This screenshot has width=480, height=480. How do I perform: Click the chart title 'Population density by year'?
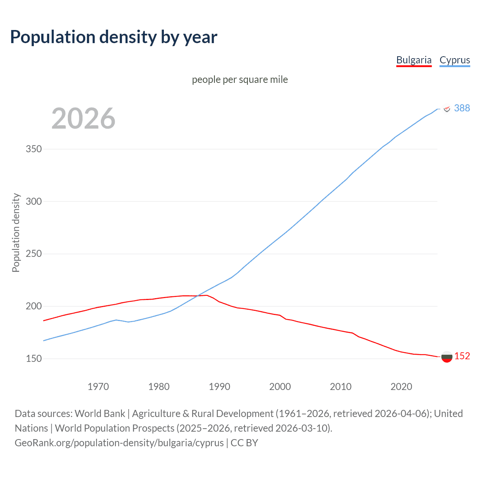[114, 37]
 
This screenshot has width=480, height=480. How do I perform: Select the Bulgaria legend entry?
[414, 60]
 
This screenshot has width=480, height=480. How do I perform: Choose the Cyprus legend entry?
[454, 60]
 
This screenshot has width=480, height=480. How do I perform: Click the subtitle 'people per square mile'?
[240, 79]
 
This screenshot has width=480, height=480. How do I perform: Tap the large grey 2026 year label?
[83, 118]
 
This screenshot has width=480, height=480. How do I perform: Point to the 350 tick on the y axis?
[34, 149]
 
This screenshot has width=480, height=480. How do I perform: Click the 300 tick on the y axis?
[34, 201]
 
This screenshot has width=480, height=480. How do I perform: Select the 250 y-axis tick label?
[34, 254]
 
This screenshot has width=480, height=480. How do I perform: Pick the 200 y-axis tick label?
[34, 306]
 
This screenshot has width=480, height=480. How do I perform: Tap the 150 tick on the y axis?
[34, 358]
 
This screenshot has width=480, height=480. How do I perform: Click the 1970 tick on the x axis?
[98, 387]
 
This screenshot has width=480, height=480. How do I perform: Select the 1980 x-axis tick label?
[159, 387]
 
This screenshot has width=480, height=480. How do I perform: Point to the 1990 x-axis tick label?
[219, 387]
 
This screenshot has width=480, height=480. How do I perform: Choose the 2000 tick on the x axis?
[280, 387]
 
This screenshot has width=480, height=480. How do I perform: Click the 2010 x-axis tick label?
[340, 387]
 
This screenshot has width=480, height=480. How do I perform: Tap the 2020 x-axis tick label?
[401, 387]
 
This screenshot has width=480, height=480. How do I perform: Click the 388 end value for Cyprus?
[462, 108]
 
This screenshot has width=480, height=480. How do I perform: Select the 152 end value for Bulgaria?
[462, 356]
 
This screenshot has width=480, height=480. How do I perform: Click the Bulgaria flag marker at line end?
[447, 357]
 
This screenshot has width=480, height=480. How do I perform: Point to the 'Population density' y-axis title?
[16, 232]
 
